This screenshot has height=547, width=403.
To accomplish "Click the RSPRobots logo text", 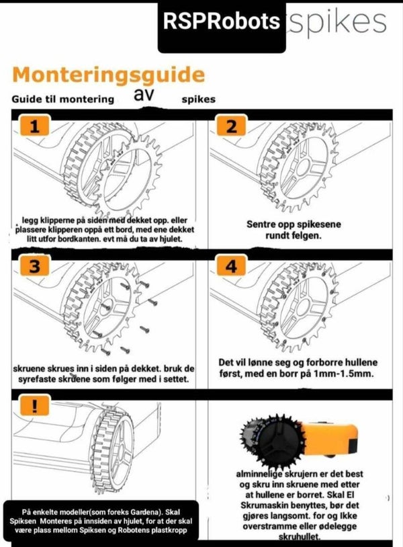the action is click(x=222, y=21).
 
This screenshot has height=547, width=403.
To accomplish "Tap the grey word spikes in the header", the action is click(x=337, y=22).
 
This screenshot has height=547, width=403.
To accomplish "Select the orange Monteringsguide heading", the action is click(x=108, y=75).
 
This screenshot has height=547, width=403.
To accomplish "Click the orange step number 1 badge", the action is click(x=34, y=125).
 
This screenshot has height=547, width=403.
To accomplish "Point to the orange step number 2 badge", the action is click(x=231, y=126).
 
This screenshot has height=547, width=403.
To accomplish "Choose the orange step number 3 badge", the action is click(x=34, y=266).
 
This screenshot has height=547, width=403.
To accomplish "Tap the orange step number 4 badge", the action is click(x=231, y=266).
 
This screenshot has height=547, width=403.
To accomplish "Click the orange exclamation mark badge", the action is click(x=34, y=405).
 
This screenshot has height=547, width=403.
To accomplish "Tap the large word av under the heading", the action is click(x=144, y=94).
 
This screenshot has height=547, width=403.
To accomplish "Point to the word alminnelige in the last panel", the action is click(x=259, y=474).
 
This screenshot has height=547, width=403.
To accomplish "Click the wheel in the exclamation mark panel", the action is click(x=114, y=450).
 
